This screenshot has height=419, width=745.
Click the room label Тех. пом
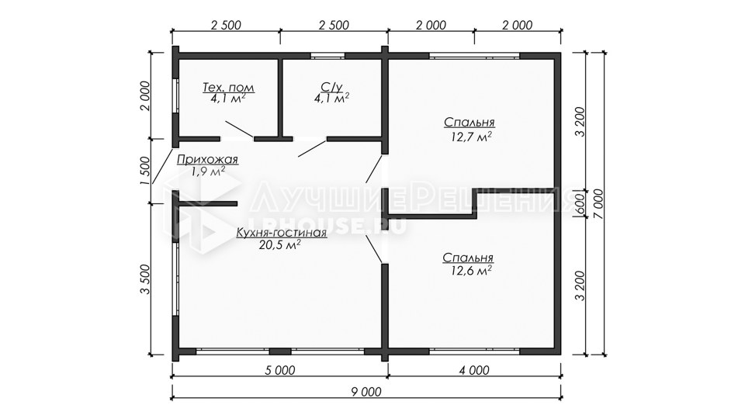(x=228, y=88)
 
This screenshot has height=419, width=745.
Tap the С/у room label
(x=331, y=87)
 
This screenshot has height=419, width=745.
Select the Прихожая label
(x=207, y=159)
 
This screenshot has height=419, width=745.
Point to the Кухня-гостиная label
(x=281, y=232)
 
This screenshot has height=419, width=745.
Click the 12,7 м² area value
(x=471, y=137)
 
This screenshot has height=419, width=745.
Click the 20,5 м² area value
(x=279, y=244)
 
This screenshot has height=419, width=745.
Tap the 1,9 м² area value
(x=208, y=171)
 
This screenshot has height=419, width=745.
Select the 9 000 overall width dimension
(x=366, y=392)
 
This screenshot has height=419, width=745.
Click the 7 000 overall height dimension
(x=598, y=204)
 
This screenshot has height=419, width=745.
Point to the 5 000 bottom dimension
(x=280, y=370)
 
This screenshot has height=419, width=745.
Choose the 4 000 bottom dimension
(x=474, y=370)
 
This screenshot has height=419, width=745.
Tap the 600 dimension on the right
(x=579, y=204)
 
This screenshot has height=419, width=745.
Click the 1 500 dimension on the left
(x=145, y=171)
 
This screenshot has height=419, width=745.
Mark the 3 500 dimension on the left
(x=145, y=279)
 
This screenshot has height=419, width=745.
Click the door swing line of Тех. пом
(x=239, y=130)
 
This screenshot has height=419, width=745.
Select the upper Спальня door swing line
(x=374, y=168)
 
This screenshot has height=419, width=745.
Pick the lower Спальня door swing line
(x=374, y=249)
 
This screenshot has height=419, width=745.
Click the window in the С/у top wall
(x=327, y=56)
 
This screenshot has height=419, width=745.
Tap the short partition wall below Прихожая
(x=208, y=204)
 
